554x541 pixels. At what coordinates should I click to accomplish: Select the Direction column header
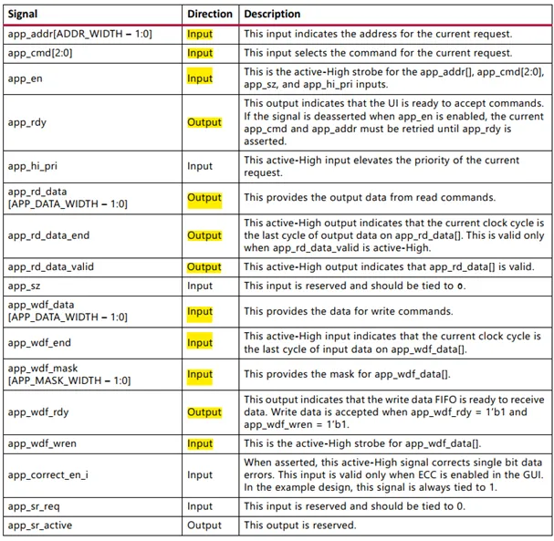pyautogui.click(x=210, y=15)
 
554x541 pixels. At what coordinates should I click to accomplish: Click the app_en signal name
pyautogui.click(x=26, y=79)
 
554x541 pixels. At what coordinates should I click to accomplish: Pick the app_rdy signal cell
pyautogui.click(x=28, y=122)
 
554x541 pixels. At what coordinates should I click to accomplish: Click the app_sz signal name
pyautogui.click(x=26, y=286)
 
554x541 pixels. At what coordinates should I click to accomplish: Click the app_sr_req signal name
pyautogui.click(x=36, y=506)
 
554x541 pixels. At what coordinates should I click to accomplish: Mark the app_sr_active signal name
pyautogui.click(x=43, y=525)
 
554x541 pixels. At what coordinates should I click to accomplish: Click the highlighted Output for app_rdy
pyautogui.click(x=204, y=122)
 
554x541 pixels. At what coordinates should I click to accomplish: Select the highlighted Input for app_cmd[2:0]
pyautogui.click(x=200, y=54)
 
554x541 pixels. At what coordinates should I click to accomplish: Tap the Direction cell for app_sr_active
pyautogui.click(x=204, y=525)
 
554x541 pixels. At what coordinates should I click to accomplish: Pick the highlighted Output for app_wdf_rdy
pyautogui.click(x=204, y=412)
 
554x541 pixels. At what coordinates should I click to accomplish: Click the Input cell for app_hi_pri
pyautogui.click(x=200, y=166)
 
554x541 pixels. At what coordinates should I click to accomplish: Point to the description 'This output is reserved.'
pyautogui.click(x=299, y=525)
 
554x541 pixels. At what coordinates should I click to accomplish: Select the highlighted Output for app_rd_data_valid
pyautogui.click(x=204, y=267)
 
